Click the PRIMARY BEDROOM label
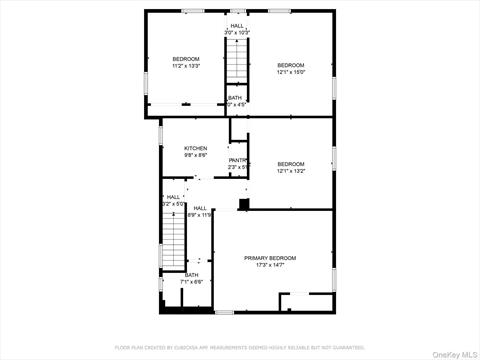(x=270, y=258)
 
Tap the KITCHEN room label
(x=195, y=148)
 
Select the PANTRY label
(x=238, y=160)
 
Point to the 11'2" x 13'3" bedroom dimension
(x=185, y=66)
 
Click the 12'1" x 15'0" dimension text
(x=290, y=71)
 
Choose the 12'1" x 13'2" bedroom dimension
(x=290, y=170)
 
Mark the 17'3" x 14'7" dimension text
(x=270, y=265)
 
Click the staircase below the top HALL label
(x=237, y=65)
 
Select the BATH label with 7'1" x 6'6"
(x=191, y=275)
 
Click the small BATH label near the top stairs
(x=234, y=98)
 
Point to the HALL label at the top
(x=237, y=26)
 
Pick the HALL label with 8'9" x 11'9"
(x=200, y=208)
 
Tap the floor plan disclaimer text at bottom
(x=240, y=347)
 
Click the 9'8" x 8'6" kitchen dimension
(x=195, y=155)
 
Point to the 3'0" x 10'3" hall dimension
(x=237, y=33)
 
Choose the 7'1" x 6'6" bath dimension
(x=191, y=282)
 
